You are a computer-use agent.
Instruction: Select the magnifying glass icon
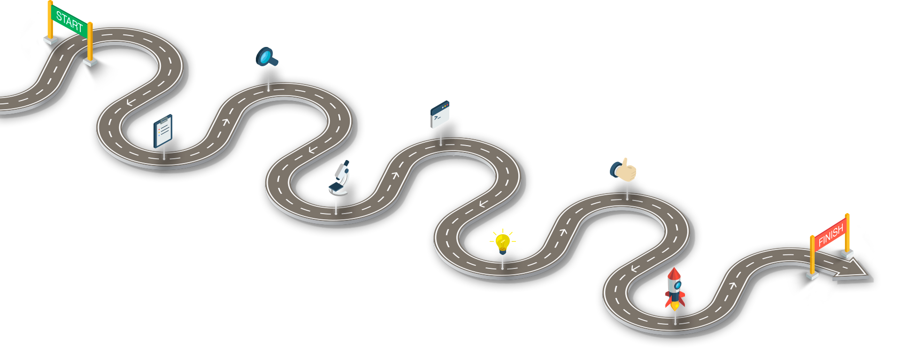(266, 58)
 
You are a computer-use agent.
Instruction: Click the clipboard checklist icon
(163, 131)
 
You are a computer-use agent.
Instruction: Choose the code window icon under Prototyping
(440, 115)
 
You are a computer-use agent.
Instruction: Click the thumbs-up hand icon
(623, 170)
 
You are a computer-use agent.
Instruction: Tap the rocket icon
(675, 289)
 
